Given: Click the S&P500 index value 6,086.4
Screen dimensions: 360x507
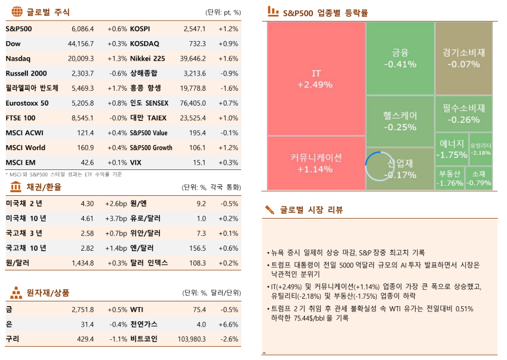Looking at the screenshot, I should tap(82, 29).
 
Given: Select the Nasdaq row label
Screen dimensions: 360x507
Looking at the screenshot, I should tap(18, 59).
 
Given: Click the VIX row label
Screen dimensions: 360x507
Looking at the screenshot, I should tap(136, 162).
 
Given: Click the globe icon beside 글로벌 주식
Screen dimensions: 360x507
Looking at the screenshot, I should tap(17, 12).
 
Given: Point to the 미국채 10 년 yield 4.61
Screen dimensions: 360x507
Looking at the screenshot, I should tap(87, 218).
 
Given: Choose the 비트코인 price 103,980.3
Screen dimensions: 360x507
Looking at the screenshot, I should tap(189, 339).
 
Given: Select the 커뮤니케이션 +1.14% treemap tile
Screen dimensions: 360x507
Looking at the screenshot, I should tap(315, 163).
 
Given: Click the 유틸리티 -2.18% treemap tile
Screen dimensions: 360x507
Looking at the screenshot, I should tap(480, 148).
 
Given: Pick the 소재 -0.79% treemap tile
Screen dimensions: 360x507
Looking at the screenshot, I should tap(479, 178).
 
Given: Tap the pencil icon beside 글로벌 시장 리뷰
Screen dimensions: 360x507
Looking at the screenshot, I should tap(270, 210).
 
